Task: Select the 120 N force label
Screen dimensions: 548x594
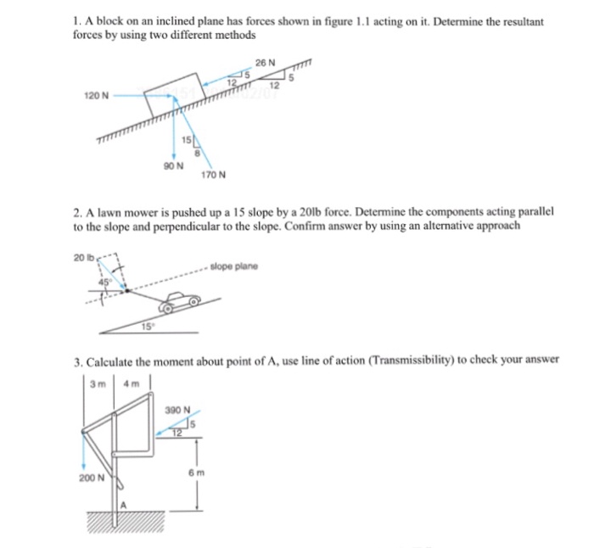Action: pos(95,96)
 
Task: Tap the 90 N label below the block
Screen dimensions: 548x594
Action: pos(171,166)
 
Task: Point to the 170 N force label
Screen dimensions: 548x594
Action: pos(213,176)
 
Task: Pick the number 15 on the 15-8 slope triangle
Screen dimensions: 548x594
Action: pos(183,138)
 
